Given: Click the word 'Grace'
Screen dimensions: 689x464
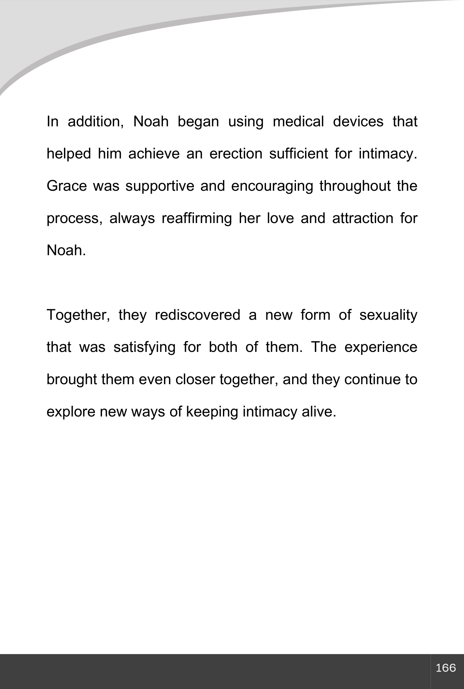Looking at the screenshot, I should (x=67, y=186).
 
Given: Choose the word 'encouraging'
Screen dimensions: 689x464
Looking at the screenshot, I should (x=272, y=186).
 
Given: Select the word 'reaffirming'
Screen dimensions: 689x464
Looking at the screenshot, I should (x=197, y=218).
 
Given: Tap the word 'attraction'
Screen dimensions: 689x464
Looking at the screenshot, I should (x=363, y=218).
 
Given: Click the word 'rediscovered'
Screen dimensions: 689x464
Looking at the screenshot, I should (x=198, y=315).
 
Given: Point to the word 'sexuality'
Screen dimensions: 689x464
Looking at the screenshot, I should (x=388, y=315).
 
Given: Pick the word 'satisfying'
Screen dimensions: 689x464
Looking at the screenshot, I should (x=144, y=348).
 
